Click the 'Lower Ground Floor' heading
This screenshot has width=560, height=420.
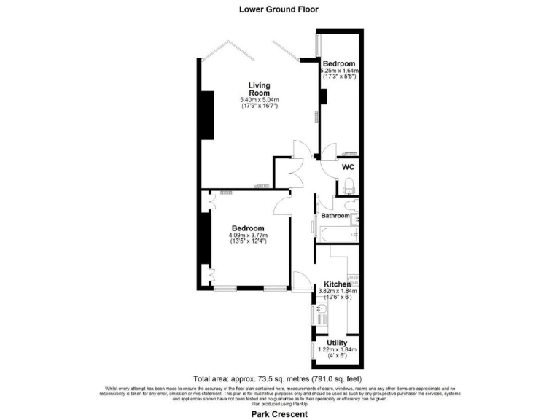coord(280,9)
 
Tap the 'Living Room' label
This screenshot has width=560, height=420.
coord(260,88)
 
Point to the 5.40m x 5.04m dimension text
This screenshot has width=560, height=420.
coord(260,100)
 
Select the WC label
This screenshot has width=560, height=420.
coord(348,166)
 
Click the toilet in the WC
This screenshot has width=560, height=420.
coord(349,184)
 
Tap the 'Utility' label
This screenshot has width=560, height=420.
coord(337,343)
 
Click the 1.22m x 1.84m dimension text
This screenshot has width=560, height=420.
coord(337,350)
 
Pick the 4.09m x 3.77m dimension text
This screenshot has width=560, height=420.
coord(249,236)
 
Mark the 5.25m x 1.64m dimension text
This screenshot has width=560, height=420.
coord(340,71)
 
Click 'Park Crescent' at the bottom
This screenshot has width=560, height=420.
coord(281,413)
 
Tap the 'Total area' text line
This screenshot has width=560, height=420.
coord(280,379)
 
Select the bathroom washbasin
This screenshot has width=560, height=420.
coord(355,217)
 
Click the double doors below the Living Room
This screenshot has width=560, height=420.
coord(295,177)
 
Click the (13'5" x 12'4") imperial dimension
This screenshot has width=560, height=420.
coord(249,241)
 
